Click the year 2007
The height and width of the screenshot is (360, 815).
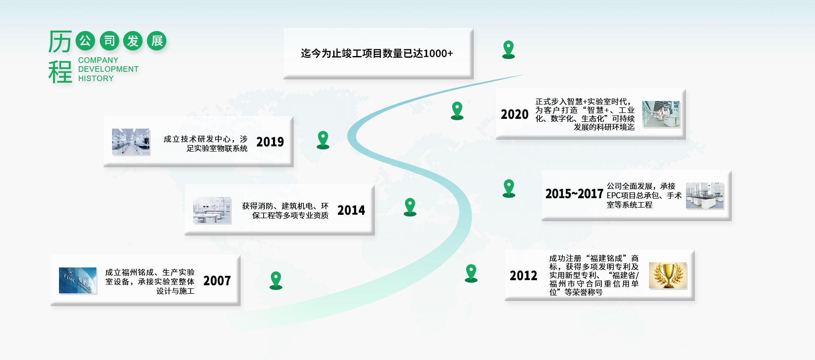coord(217,281)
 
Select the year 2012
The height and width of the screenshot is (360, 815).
coord(523,276)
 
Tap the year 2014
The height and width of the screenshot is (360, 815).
coord(351,210)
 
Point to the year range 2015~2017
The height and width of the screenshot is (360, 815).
coord(574,194)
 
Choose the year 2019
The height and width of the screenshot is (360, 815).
coord(270,142)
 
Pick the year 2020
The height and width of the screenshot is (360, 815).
coord(514,114)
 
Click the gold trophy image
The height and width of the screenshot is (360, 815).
coord(668,276)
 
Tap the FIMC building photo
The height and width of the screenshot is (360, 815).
coord(78,280)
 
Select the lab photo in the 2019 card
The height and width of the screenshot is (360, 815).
coord(131,142)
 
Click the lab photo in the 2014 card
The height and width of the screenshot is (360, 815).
coord(212,210)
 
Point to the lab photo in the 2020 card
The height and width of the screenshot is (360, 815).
coord(661,114)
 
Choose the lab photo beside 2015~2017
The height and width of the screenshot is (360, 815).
coord(705,196)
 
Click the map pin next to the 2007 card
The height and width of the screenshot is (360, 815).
coord(276,280)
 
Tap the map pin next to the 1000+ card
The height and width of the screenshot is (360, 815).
coord(509,50)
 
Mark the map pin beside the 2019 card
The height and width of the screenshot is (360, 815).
coord(323,140)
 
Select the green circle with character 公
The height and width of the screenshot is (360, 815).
coord(85,41)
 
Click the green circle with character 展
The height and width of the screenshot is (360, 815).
coord(157,41)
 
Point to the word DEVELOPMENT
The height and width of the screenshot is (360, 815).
coord(108,69)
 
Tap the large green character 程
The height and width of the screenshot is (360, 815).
coord(60,72)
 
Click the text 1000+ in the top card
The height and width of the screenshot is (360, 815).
coord(438,53)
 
